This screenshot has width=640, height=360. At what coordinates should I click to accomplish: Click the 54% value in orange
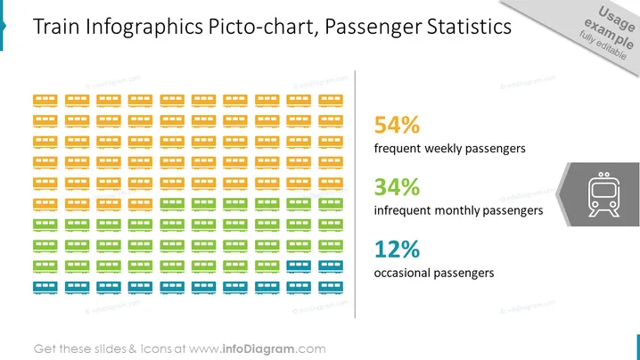[x=397, y=125]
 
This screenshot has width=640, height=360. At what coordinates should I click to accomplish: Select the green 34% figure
[x=397, y=187]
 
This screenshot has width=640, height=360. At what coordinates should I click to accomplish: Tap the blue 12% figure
[x=397, y=249]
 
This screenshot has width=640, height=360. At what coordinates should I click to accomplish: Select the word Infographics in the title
[x=144, y=28]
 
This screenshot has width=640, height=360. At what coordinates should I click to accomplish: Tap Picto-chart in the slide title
[x=263, y=27]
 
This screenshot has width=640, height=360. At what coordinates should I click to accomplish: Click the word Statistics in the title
[x=469, y=27]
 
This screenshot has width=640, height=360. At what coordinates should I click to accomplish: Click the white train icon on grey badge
[x=603, y=194]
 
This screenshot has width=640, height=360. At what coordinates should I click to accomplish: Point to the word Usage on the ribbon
[x=617, y=19]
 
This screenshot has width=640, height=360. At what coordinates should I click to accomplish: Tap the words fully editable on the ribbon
[x=603, y=45]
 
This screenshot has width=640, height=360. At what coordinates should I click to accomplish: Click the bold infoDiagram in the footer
[x=258, y=349]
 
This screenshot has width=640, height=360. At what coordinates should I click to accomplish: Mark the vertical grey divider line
[x=355, y=194]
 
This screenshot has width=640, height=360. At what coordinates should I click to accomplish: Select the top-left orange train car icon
[x=45, y=101]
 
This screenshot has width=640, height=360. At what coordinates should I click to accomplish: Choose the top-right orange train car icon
[x=331, y=101]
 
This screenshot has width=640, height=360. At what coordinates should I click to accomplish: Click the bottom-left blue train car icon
[x=45, y=287]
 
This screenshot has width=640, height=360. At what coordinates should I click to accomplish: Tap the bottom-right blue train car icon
[x=331, y=287]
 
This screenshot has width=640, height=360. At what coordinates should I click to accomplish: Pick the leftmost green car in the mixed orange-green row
[x=172, y=204]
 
